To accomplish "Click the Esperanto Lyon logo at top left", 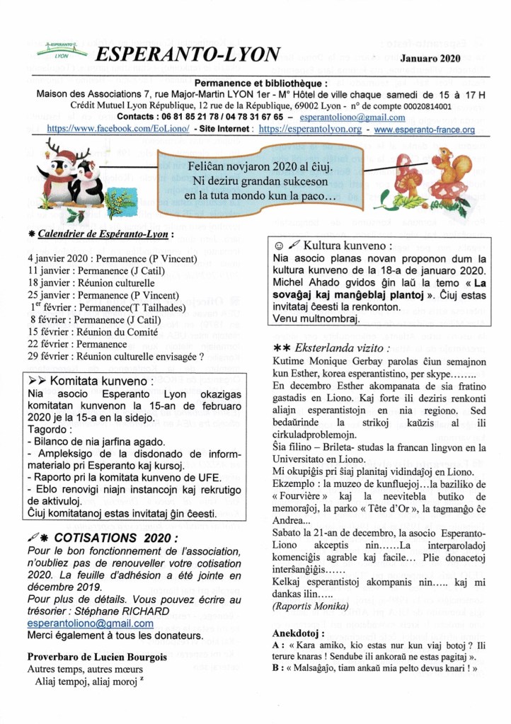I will tap(64, 51).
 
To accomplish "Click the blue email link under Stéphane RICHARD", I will tap(91, 624).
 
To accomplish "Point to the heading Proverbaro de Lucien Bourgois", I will tap(97, 656).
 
